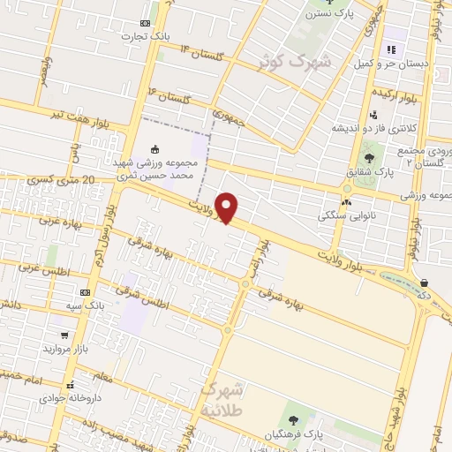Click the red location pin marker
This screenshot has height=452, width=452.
(x=228, y=207)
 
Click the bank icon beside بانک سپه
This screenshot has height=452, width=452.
(x=86, y=291)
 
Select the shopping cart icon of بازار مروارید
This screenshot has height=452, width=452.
(x=64, y=335)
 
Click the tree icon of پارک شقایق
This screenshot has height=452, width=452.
(x=368, y=158)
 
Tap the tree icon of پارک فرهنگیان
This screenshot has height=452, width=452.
(x=292, y=418)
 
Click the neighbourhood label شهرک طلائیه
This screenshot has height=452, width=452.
(x=225, y=396)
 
